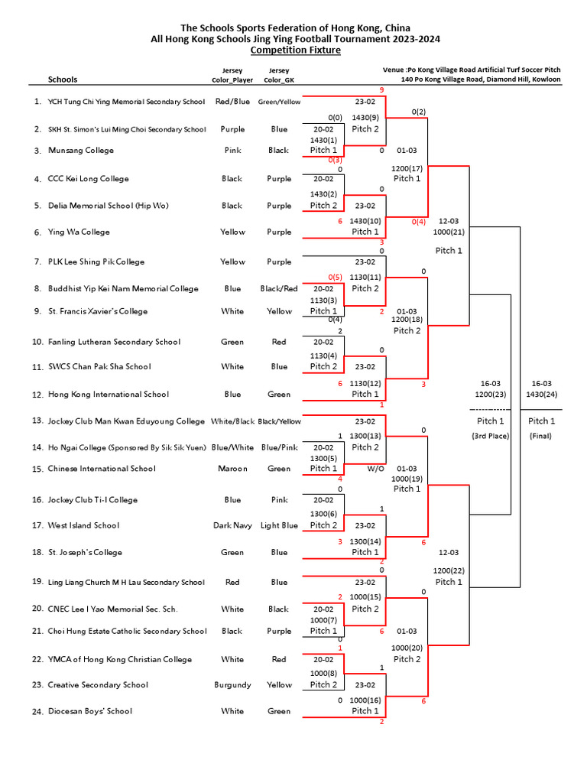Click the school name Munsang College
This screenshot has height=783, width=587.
point(81,151)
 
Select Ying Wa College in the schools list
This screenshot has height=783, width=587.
point(79,232)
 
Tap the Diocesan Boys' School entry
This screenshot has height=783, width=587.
point(90,711)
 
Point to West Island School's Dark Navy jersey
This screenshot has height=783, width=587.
point(232,525)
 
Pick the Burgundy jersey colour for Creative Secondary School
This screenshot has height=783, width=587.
point(232,685)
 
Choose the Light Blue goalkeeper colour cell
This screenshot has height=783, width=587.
point(279,525)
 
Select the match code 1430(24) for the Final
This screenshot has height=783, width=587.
point(542,395)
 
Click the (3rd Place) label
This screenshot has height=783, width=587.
point(490,436)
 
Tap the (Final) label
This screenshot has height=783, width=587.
point(542,436)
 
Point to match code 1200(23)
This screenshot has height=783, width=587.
point(490,395)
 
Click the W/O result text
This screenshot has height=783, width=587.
point(375,469)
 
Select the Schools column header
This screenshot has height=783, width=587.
point(63,80)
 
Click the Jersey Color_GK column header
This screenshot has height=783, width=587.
point(279,75)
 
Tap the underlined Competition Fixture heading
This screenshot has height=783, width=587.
point(295,50)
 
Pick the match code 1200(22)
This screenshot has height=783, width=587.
point(449,570)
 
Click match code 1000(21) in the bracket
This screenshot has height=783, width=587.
point(449,231)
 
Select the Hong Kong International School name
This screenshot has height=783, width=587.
point(109,395)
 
